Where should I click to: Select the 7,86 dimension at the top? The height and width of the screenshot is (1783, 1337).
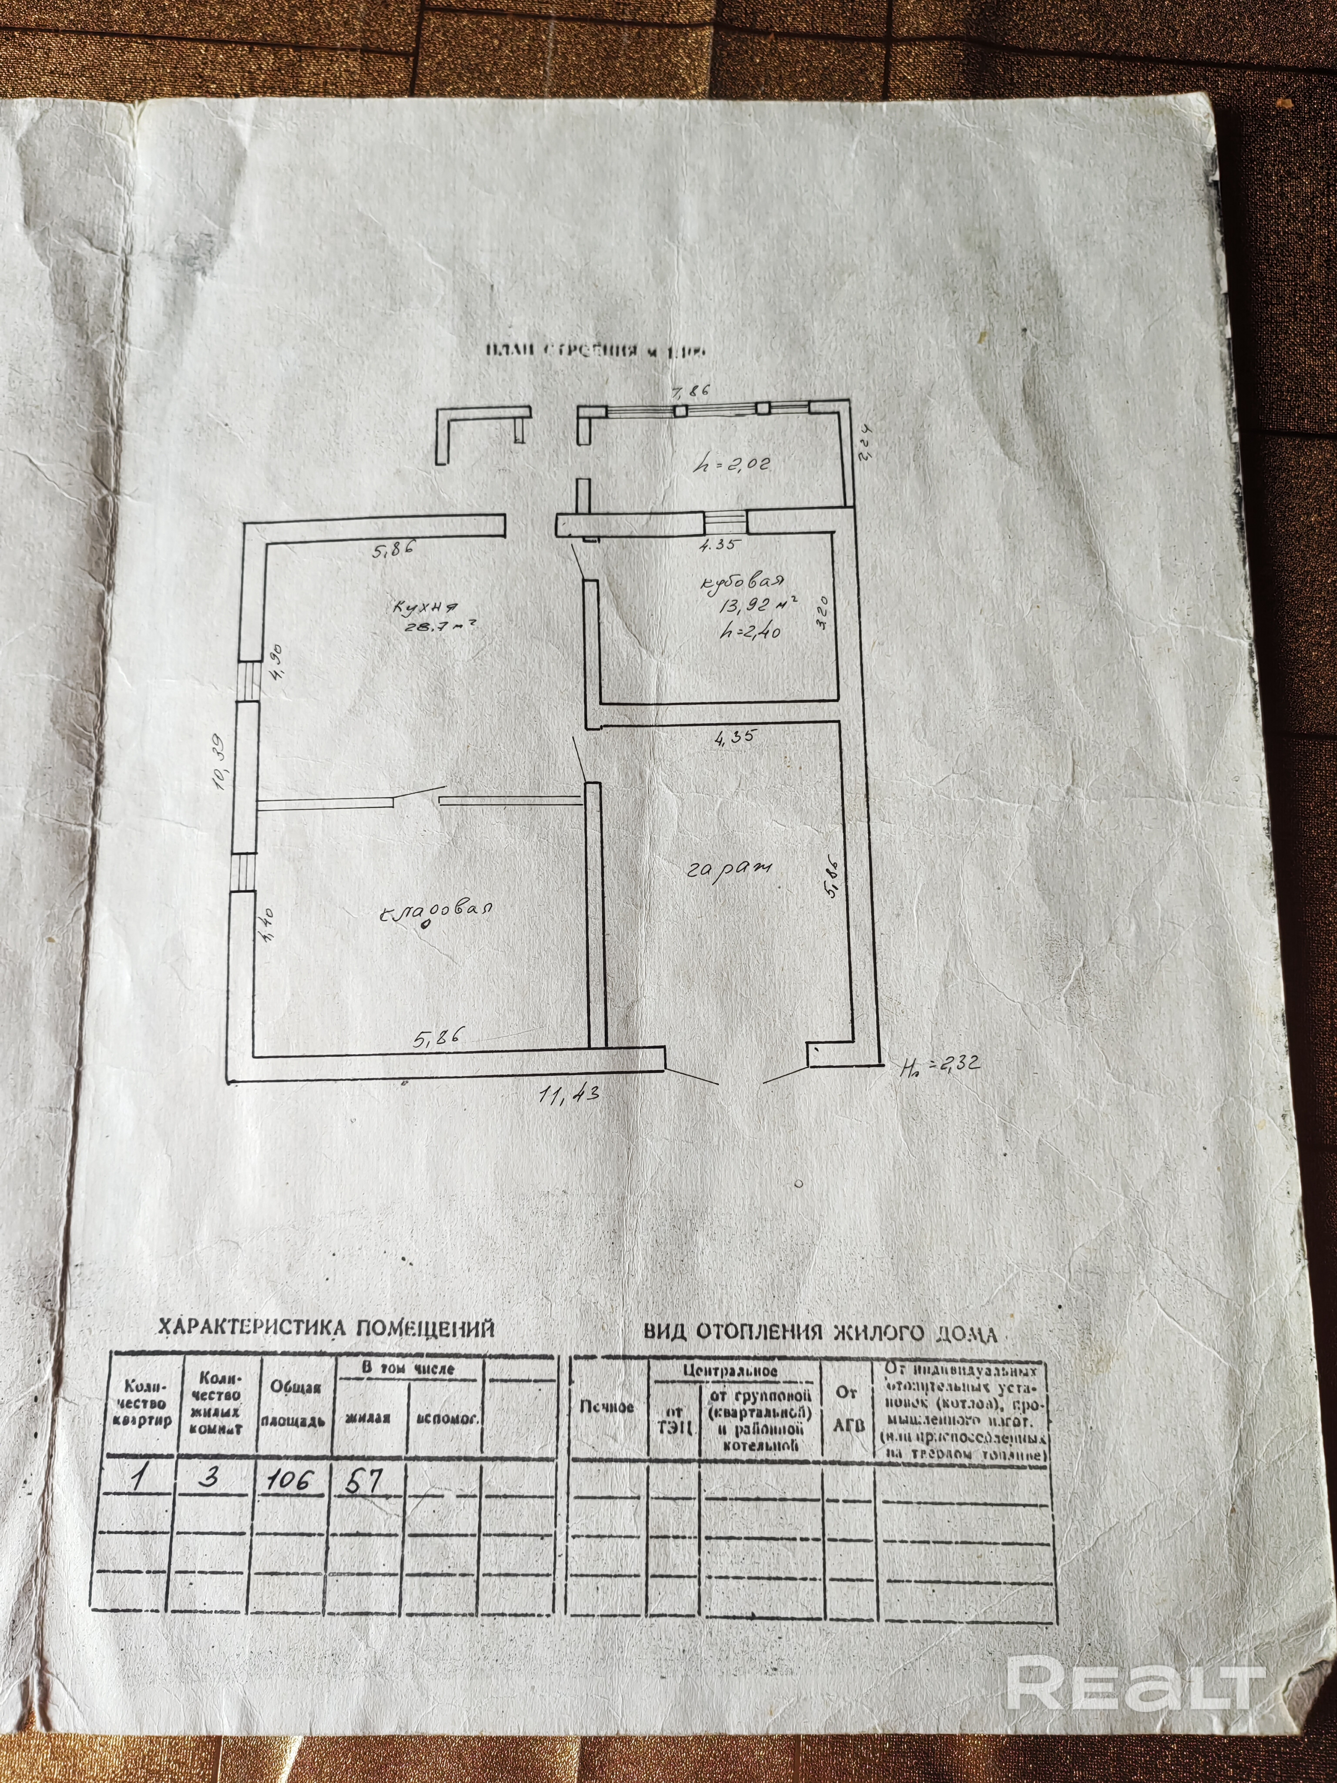[690, 393]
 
